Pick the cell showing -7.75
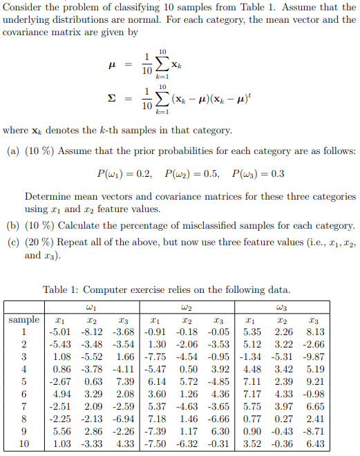pyautogui.click(x=155, y=357)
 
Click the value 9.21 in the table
pyautogui.click(x=314, y=381)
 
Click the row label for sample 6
pyautogui.click(x=23, y=394)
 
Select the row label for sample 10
pyautogui.click(x=23, y=444)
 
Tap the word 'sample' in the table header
pyautogui.click(x=23, y=320)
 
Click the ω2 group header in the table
pyautogui.click(x=187, y=307)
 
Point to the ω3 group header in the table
pyautogui.click(x=282, y=307)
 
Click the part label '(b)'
pyautogui.click(x=12, y=226)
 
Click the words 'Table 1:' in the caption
pyautogui.click(x=62, y=289)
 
